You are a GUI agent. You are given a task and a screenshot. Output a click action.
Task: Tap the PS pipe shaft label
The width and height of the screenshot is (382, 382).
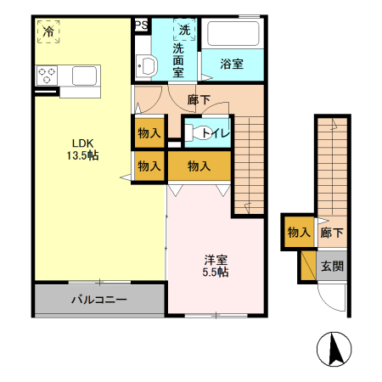point(141,25)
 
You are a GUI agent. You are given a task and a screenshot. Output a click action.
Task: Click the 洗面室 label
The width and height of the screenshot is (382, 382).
point(179,60)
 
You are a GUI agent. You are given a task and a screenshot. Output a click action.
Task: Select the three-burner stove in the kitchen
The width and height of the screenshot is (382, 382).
point(48,76)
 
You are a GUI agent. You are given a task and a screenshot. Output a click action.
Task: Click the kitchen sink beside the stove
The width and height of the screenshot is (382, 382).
point(86,76)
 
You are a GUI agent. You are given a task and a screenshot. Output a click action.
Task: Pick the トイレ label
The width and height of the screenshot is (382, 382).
point(212,132)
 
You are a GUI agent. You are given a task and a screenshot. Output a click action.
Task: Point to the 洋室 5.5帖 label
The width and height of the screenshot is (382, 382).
point(215,266)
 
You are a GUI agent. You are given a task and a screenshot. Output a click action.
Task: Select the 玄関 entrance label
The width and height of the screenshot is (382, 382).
point(332,266)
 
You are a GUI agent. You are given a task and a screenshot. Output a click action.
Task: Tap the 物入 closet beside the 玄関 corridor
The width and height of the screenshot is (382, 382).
point(298,232)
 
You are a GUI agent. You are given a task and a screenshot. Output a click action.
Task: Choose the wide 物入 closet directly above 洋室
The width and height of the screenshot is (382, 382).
point(199,166)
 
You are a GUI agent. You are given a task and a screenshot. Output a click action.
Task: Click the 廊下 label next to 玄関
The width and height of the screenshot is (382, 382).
point(332,233)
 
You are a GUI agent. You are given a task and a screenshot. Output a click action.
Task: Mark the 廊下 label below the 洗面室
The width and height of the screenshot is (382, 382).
point(199,99)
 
